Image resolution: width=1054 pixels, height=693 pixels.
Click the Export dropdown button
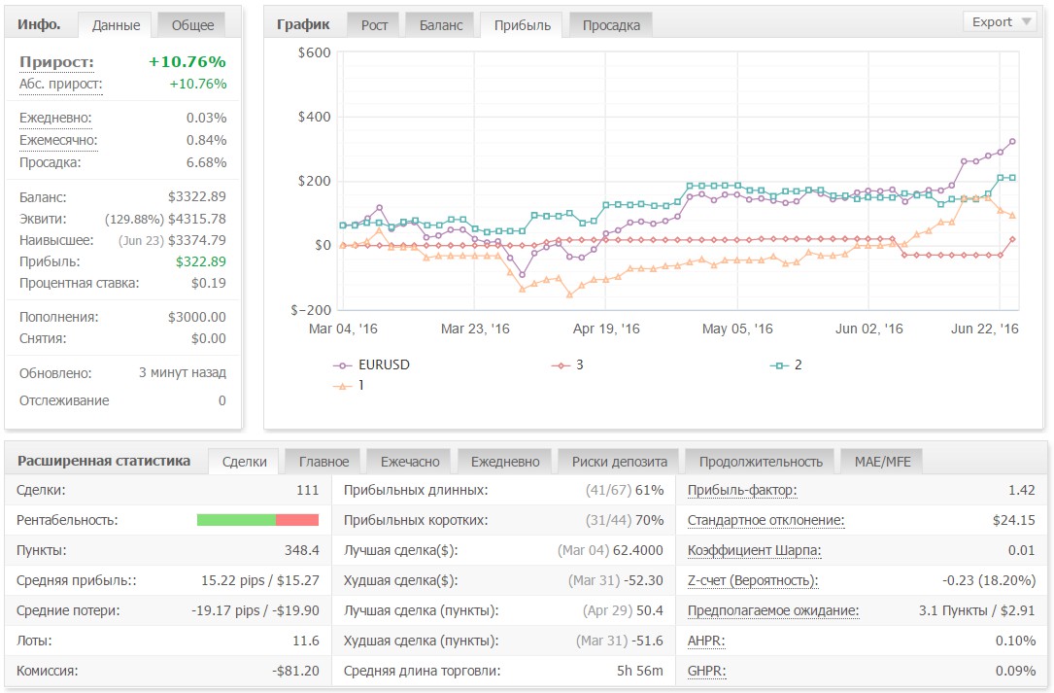[1001, 22]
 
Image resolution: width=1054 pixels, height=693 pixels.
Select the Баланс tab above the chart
[441, 25]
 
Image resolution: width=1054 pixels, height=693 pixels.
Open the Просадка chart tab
[611, 25]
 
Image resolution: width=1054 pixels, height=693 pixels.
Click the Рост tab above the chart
[374, 25]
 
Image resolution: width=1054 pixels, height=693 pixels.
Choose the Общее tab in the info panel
[192, 25]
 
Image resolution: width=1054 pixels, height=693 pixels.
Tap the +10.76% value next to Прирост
[187, 62]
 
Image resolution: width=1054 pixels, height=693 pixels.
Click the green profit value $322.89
[201, 261]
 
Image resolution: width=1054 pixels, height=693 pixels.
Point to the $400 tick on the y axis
[314, 117]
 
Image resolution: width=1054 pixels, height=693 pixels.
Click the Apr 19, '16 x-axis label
[605, 329]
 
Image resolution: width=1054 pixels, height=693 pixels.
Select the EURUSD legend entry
[372, 364]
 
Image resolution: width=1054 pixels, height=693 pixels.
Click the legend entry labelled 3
[568, 364]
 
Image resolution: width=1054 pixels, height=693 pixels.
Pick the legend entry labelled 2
[787, 364]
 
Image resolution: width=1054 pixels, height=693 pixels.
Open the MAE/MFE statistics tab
[883, 462]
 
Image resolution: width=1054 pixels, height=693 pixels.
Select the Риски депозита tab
[619, 462]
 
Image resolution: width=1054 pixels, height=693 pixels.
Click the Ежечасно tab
[410, 462]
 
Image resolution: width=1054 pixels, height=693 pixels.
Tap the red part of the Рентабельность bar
[297, 520]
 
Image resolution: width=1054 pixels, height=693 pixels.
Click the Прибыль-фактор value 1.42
[1021, 491]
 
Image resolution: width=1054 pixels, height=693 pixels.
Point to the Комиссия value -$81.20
[295, 671]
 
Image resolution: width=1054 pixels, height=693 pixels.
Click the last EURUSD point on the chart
[1012, 142]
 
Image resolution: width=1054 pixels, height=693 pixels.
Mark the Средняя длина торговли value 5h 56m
[639, 671]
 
